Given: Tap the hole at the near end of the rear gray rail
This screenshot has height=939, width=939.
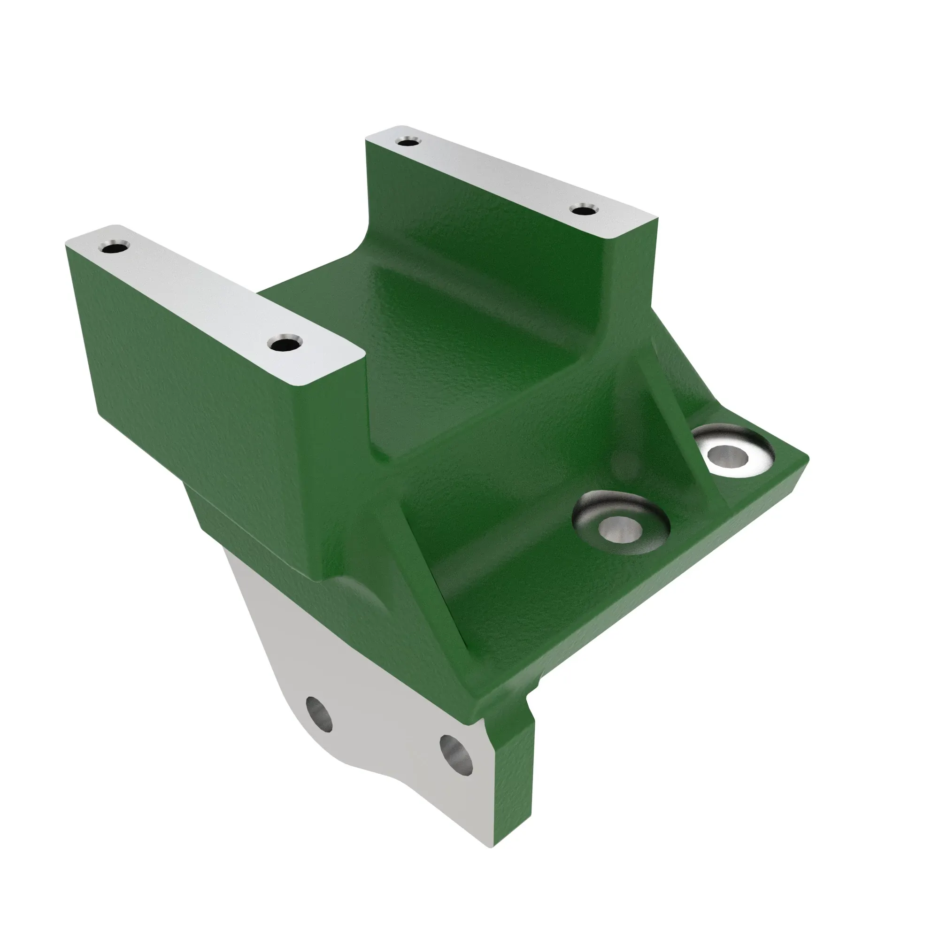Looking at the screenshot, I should point(583,210).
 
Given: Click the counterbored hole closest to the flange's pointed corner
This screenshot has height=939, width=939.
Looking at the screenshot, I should point(728,456).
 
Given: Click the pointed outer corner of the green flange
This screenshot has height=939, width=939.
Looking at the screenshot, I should point(804,459).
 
